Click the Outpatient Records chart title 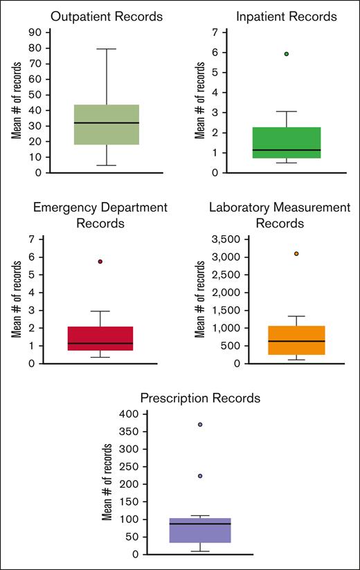pyautogui.click(x=106, y=16)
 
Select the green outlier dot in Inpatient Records pyautogui.click(x=286, y=54)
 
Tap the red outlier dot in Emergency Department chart pyautogui.click(x=100, y=261)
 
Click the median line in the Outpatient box pyautogui.click(x=106, y=122)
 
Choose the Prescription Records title pyautogui.click(x=200, y=398)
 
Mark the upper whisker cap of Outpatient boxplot pyautogui.click(x=106, y=49)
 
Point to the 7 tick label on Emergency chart pyautogui.click(x=32, y=239)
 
